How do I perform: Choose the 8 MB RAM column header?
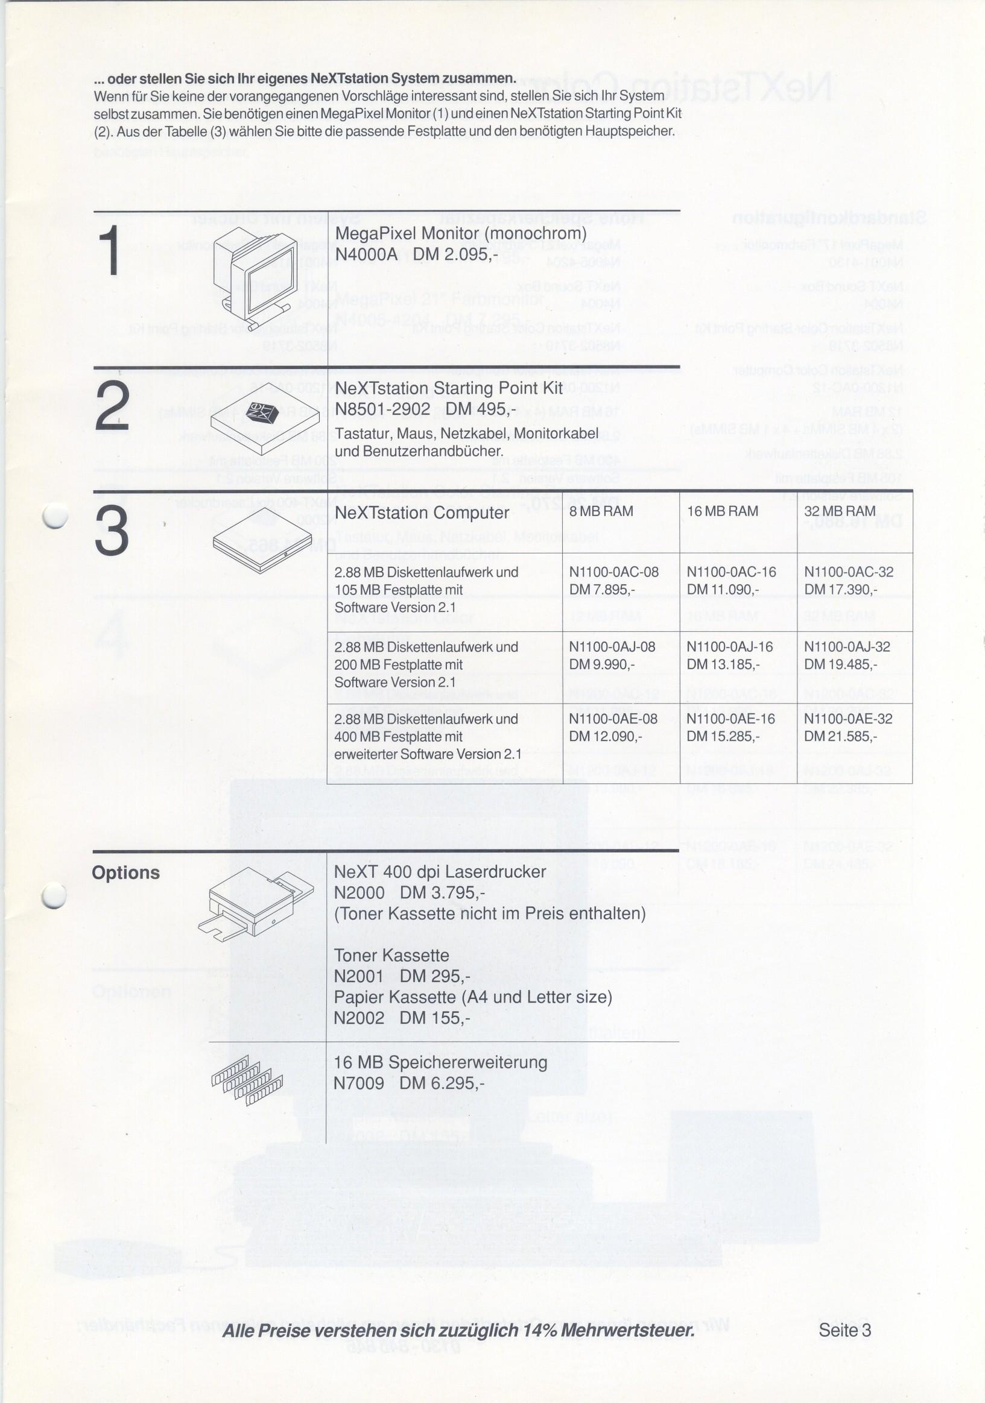pyautogui.click(x=601, y=511)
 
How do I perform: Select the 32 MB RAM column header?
pyautogui.click(x=840, y=511)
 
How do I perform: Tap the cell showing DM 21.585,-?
pyautogui.click(x=840, y=736)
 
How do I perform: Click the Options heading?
pyautogui.click(x=126, y=872)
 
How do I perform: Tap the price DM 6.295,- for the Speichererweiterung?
pyautogui.click(x=442, y=1083)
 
